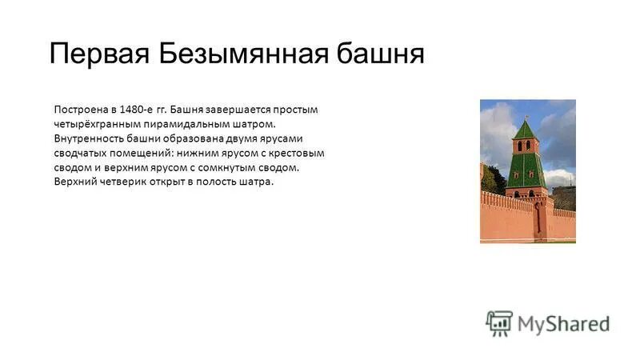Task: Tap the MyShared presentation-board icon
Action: [x=499, y=322]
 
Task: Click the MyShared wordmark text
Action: [x=563, y=324]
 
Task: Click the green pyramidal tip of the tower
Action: [x=525, y=128]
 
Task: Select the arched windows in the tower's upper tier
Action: [x=525, y=146]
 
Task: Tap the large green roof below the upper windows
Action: [x=526, y=170]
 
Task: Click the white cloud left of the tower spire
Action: [x=496, y=128]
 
